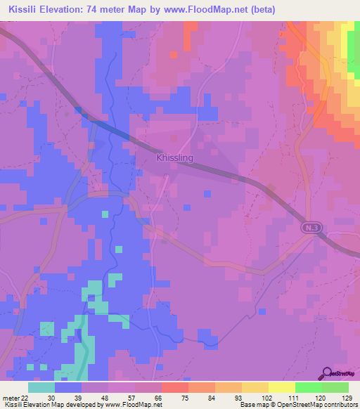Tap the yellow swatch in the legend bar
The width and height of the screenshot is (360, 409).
tap(282, 387)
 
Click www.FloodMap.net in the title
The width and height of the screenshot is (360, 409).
tap(212, 9)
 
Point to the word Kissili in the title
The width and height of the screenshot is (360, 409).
tap(28, 9)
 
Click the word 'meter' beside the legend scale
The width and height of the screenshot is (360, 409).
tap(10, 398)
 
